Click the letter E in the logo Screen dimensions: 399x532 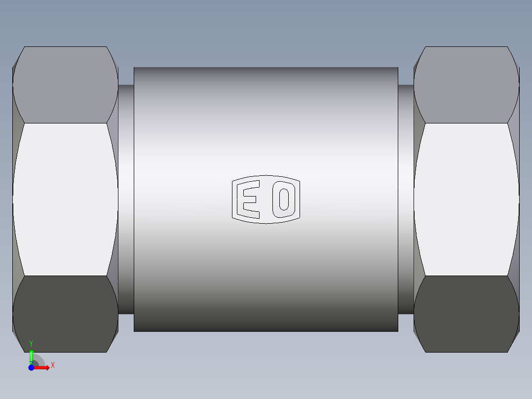[x=248, y=199]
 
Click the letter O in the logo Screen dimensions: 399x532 [x=283, y=199]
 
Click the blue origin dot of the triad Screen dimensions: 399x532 [x=31, y=367]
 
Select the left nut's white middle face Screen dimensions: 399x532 [x=65, y=199]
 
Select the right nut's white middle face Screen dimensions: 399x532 [x=466, y=199]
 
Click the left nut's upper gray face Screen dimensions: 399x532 [x=65, y=85]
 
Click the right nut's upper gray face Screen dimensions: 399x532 [x=466, y=85]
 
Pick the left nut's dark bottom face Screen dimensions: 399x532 [x=65, y=314]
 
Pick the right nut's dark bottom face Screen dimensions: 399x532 [x=466, y=314]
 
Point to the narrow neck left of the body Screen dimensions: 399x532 [x=126, y=199]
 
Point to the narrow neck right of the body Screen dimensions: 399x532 [x=406, y=199]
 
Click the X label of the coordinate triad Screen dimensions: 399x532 [x=53, y=365]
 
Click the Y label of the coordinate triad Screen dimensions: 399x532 [x=31, y=343]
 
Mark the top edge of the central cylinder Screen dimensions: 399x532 [x=266, y=67]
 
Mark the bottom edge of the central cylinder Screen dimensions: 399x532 [x=266, y=331]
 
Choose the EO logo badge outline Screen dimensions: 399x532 [x=266, y=176]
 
